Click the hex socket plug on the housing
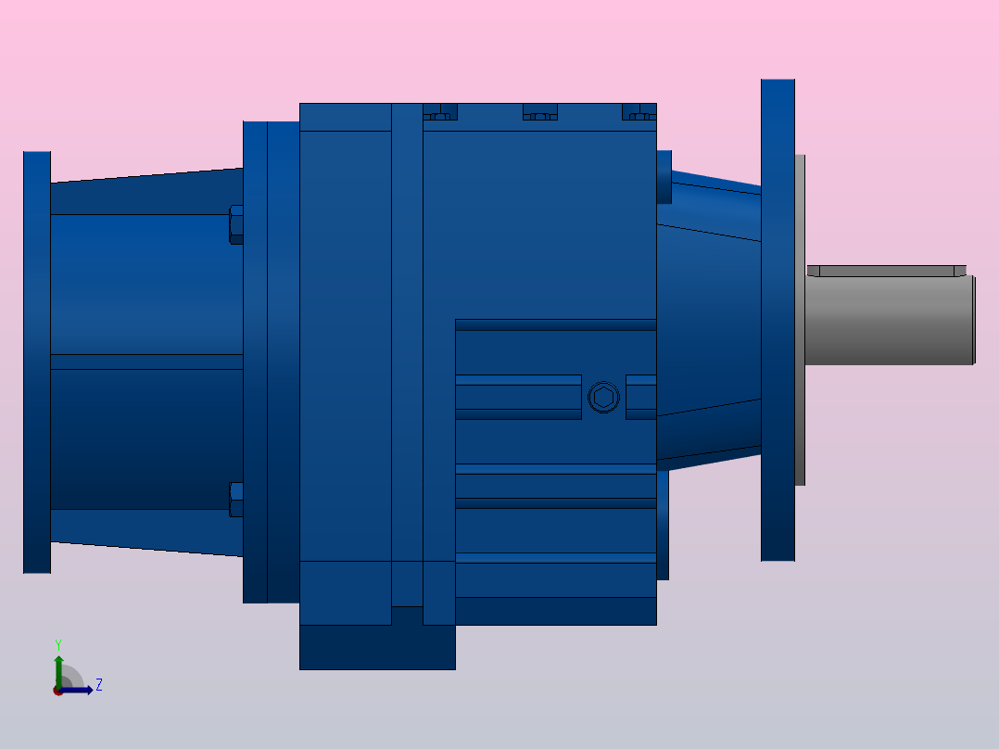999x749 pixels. pos(603,398)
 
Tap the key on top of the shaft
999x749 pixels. pos(885,271)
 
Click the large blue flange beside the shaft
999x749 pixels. pos(778,320)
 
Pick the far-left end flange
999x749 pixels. pos(37,362)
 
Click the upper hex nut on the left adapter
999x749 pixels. pos(236,224)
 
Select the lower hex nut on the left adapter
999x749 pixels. pos(236,500)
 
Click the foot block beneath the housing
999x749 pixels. pos(376,647)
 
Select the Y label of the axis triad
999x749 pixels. pos(57,643)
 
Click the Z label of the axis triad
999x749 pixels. pos(98,685)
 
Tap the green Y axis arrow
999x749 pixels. pos(58,667)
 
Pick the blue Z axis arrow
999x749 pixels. pos(80,690)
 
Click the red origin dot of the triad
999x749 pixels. pos(58,691)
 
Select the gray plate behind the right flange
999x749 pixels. pos(800,320)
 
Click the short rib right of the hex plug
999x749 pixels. pos(641,397)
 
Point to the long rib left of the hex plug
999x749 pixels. pos(518,397)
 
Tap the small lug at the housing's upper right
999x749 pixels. pos(664,176)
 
